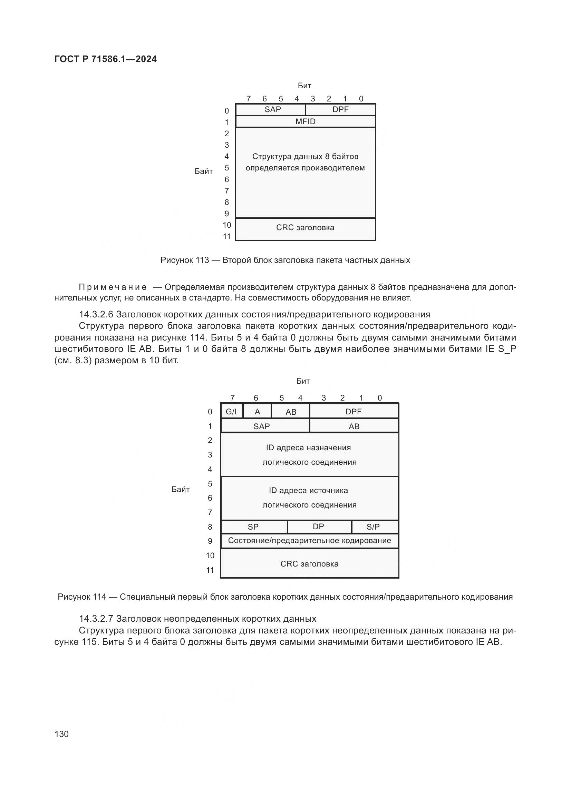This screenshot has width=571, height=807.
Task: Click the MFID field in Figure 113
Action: click(x=305, y=121)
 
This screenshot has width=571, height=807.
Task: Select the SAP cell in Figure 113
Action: click(x=272, y=110)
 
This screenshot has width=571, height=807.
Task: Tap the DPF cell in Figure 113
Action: click(x=340, y=110)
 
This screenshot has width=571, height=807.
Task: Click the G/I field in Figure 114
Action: click(x=231, y=412)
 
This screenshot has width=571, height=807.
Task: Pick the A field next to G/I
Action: click(x=258, y=412)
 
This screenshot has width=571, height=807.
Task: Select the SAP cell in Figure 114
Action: click(x=262, y=426)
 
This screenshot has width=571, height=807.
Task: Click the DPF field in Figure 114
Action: click(x=354, y=412)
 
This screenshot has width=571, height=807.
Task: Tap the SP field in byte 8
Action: click(x=253, y=527)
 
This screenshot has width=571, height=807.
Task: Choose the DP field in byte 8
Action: click(x=319, y=527)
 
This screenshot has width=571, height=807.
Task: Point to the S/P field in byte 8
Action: click(x=373, y=527)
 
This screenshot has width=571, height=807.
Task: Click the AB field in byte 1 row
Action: click(x=354, y=426)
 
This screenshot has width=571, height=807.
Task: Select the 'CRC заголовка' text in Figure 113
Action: click(x=305, y=228)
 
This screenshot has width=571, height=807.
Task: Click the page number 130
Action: click(x=61, y=734)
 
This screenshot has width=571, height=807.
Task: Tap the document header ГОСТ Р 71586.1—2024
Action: click(x=106, y=59)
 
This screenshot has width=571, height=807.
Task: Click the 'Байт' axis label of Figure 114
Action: click(x=181, y=490)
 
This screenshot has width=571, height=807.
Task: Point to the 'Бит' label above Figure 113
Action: click(x=304, y=86)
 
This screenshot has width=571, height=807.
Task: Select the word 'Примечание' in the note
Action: click(x=113, y=287)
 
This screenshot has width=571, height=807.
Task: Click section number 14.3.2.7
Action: click(x=96, y=619)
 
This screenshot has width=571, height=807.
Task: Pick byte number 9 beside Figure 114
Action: click(x=210, y=541)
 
